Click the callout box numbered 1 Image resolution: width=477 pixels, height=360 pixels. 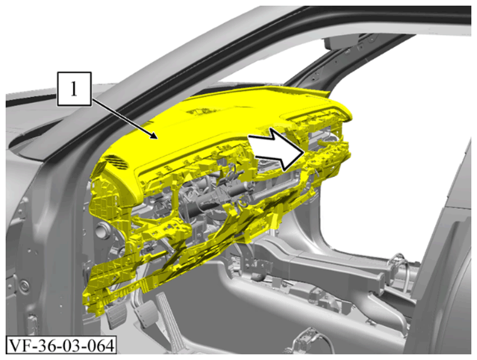click(74, 89)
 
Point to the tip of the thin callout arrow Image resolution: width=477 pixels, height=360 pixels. click(157, 139)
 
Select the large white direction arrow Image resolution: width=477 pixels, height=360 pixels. click(276, 148)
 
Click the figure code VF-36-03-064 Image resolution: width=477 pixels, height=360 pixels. click(61, 346)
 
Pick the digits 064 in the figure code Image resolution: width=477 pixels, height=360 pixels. click(100, 346)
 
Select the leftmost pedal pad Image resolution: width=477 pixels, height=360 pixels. click(114, 318)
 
